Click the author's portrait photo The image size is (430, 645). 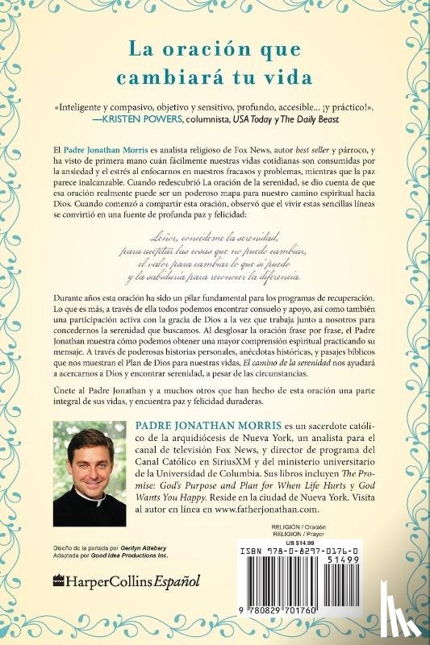click(90, 470)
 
